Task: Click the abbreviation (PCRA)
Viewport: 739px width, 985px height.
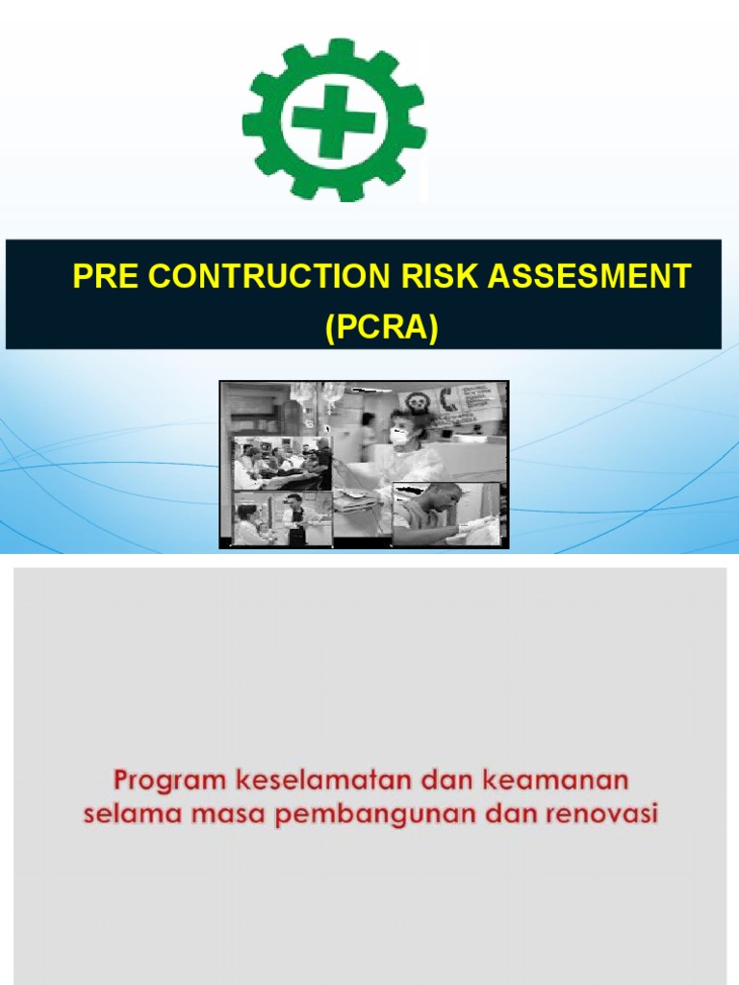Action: (381, 328)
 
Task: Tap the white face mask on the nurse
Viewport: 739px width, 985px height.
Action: (400, 435)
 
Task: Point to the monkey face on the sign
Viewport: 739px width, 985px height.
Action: (417, 401)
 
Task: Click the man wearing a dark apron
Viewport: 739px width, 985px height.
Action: (295, 520)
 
